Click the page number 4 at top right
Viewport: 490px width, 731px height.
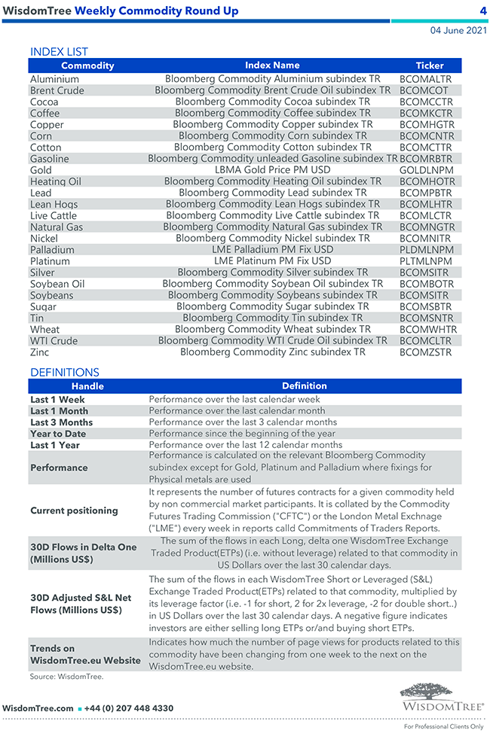pyautogui.click(x=482, y=11)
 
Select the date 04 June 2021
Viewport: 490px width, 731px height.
pyautogui.click(x=458, y=31)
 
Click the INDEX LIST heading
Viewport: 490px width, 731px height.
pyautogui.click(x=59, y=52)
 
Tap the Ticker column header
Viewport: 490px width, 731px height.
pyautogui.click(x=430, y=65)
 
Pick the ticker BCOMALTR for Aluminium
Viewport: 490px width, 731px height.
pyautogui.click(x=426, y=79)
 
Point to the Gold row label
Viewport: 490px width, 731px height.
pyautogui.click(x=41, y=170)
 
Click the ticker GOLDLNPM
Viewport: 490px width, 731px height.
pyautogui.click(x=427, y=170)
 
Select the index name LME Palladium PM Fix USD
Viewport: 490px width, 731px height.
pyautogui.click(x=272, y=249)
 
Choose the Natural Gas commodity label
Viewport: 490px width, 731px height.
pyautogui.click(x=57, y=227)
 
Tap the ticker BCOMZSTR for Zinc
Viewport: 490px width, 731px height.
pyautogui.click(x=426, y=352)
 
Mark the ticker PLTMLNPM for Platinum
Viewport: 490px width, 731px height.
pyautogui.click(x=427, y=261)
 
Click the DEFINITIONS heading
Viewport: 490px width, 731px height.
pyautogui.click(x=65, y=372)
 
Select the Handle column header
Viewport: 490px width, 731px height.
pyautogui.click(x=87, y=386)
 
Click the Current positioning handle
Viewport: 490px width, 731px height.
pyautogui.click(x=74, y=510)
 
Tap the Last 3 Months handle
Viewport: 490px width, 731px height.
pyautogui.click(x=62, y=422)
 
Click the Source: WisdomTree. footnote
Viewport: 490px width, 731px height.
pyautogui.click(x=66, y=677)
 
